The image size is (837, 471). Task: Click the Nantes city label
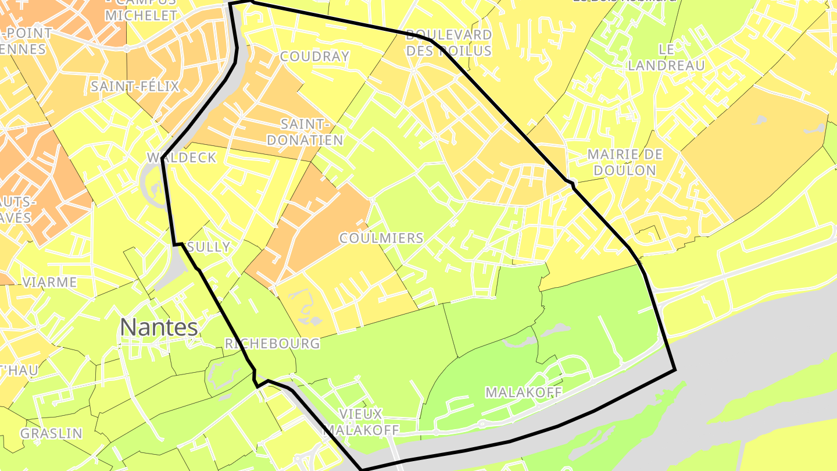point(159,328)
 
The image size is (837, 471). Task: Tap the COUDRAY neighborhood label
point(314,56)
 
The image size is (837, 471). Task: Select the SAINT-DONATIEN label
point(312,132)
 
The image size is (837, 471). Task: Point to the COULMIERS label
point(381,238)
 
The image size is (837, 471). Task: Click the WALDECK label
point(181,158)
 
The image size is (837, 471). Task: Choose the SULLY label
point(209,247)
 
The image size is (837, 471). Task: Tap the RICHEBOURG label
point(272,344)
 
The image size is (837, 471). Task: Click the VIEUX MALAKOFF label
point(361,422)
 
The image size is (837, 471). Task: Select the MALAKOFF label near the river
point(523,392)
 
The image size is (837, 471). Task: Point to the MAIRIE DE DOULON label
point(625,162)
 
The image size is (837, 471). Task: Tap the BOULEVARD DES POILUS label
point(449,43)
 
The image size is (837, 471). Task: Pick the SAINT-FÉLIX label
point(135,87)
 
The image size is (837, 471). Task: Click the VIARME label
point(49,283)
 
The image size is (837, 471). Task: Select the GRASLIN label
point(51,434)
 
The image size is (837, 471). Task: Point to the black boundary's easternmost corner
point(675,369)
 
